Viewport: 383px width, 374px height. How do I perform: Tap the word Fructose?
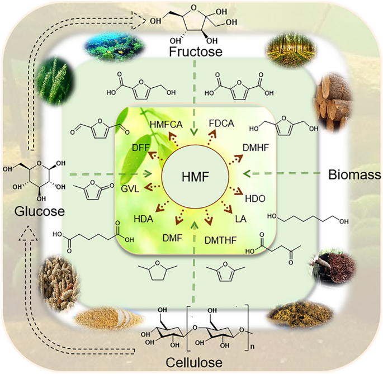tap(192, 53)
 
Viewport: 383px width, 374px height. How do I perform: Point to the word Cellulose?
tap(191, 361)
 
